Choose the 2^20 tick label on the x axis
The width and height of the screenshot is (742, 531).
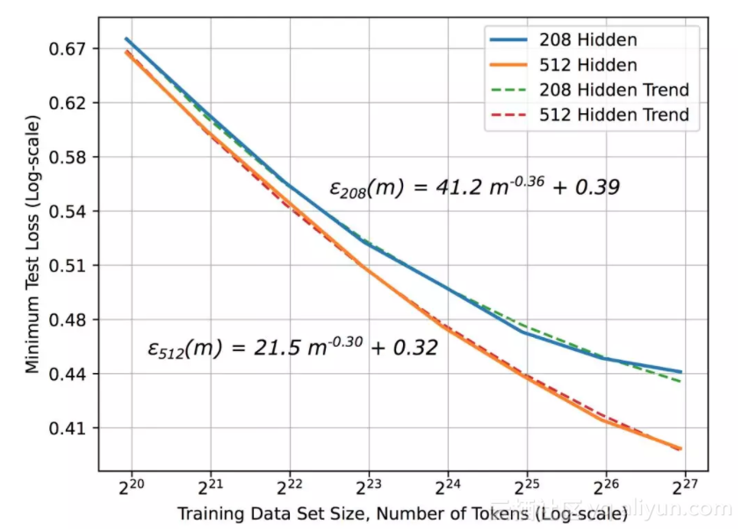(x=132, y=486)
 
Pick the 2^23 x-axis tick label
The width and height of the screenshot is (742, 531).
(x=369, y=486)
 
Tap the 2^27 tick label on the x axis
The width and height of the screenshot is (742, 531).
(x=684, y=486)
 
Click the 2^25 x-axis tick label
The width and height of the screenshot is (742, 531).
(x=527, y=486)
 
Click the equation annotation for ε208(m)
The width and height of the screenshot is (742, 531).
(x=474, y=187)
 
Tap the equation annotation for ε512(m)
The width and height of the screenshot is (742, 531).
(x=292, y=348)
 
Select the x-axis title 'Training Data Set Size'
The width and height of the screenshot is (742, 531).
(x=401, y=513)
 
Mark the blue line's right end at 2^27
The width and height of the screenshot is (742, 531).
(x=681, y=372)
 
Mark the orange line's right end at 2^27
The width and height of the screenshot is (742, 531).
(x=681, y=448)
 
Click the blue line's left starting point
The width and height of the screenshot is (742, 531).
(x=126, y=39)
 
